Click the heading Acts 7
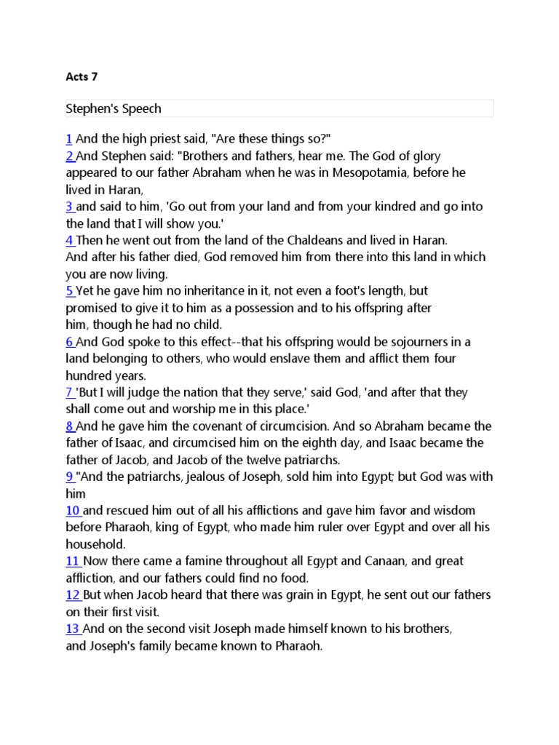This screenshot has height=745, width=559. point(81,76)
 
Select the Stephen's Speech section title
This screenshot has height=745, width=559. point(114,108)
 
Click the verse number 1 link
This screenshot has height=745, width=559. point(68,139)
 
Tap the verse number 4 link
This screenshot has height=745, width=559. point(70,240)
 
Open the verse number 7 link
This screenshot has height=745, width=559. point(70,392)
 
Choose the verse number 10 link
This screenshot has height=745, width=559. point(73,510)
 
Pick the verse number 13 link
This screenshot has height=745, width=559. point(73,629)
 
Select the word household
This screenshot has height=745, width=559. point(95,543)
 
